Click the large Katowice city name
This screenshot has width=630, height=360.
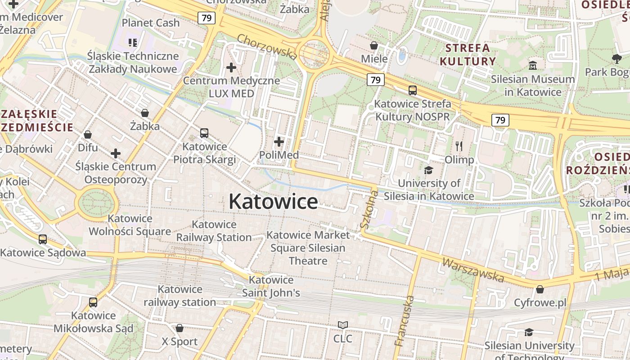pyautogui.click(x=273, y=201)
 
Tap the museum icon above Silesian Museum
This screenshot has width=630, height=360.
pyautogui.click(x=533, y=66)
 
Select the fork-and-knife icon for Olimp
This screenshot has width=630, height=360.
pyautogui.click(x=459, y=146)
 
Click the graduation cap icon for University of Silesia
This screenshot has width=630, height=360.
pyautogui.click(x=428, y=170)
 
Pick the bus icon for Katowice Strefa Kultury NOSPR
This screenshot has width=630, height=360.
pyautogui.click(x=412, y=90)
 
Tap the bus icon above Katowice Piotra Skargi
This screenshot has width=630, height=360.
pyautogui.click(x=204, y=133)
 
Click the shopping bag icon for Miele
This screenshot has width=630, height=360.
pyautogui.click(x=374, y=45)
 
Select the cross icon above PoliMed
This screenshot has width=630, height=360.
pyautogui.click(x=279, y=142)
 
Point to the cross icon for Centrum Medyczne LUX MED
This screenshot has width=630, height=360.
pyautogui.click(x=231, y=67)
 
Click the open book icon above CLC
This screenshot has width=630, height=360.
pyautogui.click(x=343, y=325)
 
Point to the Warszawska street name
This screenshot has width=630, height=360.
pyautogui.click(x=472, y=270)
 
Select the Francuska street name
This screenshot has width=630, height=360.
pyautogui.click(x=404, y=321)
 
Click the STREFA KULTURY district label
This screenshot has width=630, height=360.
pyautogui.click(x=468, y=54)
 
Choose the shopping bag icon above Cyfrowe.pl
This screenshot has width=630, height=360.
pyautogui.click(x=540, y=289)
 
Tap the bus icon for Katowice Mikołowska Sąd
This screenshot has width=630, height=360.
pyautogui.click(x=93, y=302)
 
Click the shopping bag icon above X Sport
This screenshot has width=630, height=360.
pyautogui.click(x=180, y=328)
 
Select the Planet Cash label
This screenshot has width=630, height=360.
pyautogui.click(x=151, y=22)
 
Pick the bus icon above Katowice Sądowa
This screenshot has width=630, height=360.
pyautogui.click(x=43, y=239)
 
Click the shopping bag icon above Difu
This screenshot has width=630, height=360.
pyautogui.click(x=88, y=135)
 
